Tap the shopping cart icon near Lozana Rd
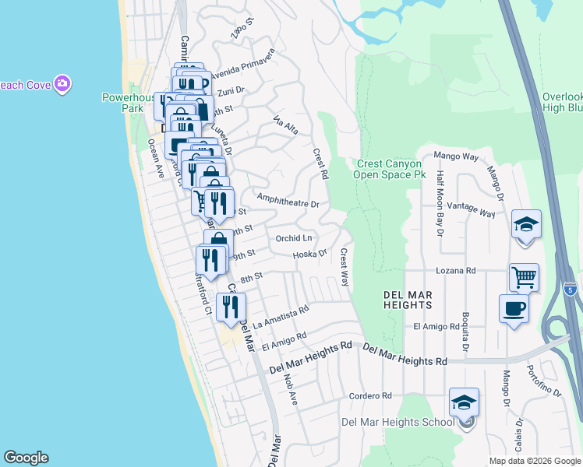[524, 276]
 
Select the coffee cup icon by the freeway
[514, 308]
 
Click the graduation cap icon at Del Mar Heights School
[464, 403]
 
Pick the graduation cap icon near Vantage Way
[527, 225]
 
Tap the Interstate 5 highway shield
[571, 290]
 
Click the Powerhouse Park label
[122, 103]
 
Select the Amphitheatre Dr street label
[288, 202]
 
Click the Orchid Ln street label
[294, 237]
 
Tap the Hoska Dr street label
[309, 255]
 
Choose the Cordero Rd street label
[370, 395]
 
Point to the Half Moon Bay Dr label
[440, 203]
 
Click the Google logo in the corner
[26, 458]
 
